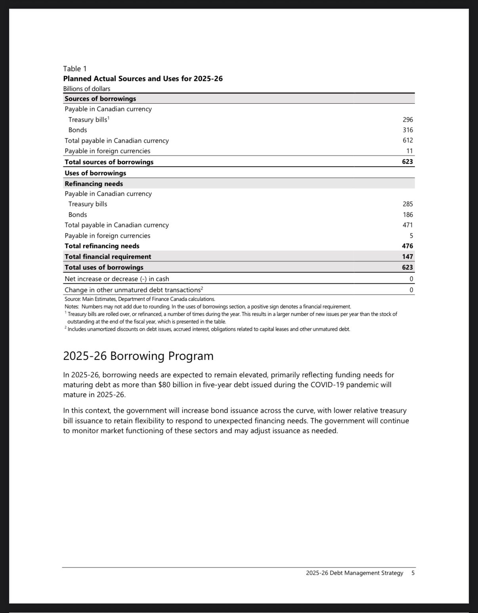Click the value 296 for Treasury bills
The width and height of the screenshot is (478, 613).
[x=407, y=120]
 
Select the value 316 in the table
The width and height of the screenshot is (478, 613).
[x=407, y=130]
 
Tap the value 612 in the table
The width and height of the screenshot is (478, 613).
[x=407, y=140]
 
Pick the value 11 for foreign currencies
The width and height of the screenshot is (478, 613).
[x=409, y=151]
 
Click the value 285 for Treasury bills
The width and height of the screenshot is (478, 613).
[x=407, y=204]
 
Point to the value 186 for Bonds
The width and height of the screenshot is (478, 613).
[x=407, y=215]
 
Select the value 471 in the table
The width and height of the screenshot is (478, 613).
[x=407, y=225]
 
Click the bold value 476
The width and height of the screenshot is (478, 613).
[x=407, y=246]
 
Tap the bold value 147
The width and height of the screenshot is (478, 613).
[x=407, y=257]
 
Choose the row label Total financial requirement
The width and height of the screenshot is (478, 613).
[x=108, y=257]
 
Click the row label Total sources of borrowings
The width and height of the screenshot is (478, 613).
[x=109, y=162]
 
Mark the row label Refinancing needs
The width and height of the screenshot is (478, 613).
[x=94, y=184]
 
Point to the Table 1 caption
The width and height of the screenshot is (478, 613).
[x=75, y=69]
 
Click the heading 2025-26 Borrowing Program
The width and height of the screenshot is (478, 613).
[x=138, y=356]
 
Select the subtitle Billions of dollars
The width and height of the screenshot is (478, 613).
[x=87, y=89]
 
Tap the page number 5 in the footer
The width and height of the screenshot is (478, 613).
[x=413, y=573]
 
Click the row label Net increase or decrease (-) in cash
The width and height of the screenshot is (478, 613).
[x=117, y=279]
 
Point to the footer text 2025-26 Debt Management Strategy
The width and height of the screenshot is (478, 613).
[x=354, y=573]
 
